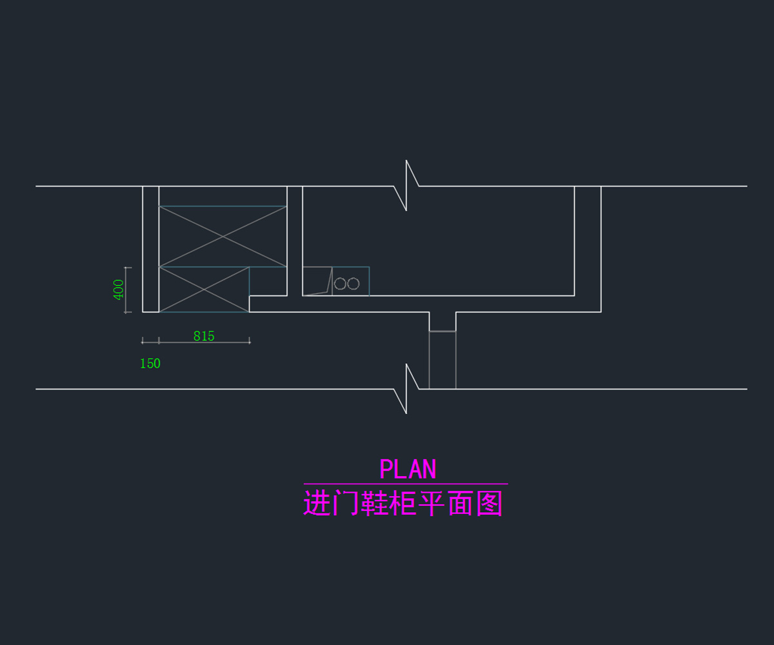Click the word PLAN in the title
pos(408,469)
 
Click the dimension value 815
pos(204,336)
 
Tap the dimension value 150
pos(150,363)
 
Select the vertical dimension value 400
pos(118,290)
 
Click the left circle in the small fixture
pos(340,284)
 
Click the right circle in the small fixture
pos(353,284)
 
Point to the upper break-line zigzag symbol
pos(406,185)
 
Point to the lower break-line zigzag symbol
pos(406,388)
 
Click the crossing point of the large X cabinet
pos(223,237)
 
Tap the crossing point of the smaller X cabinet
pos(204,290)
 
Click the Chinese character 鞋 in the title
pos(374,503)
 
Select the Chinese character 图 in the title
pos(490,503)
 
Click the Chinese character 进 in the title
pos(317,503)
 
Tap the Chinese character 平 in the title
pos(432,503)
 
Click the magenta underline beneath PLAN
pos(406,484)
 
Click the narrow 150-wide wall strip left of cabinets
pos(150,249)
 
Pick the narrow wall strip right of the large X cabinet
pos(295,241)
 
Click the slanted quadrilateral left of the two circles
pos(317,281)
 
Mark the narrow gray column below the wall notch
pos(442,360)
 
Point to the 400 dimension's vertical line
pos(126,290)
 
